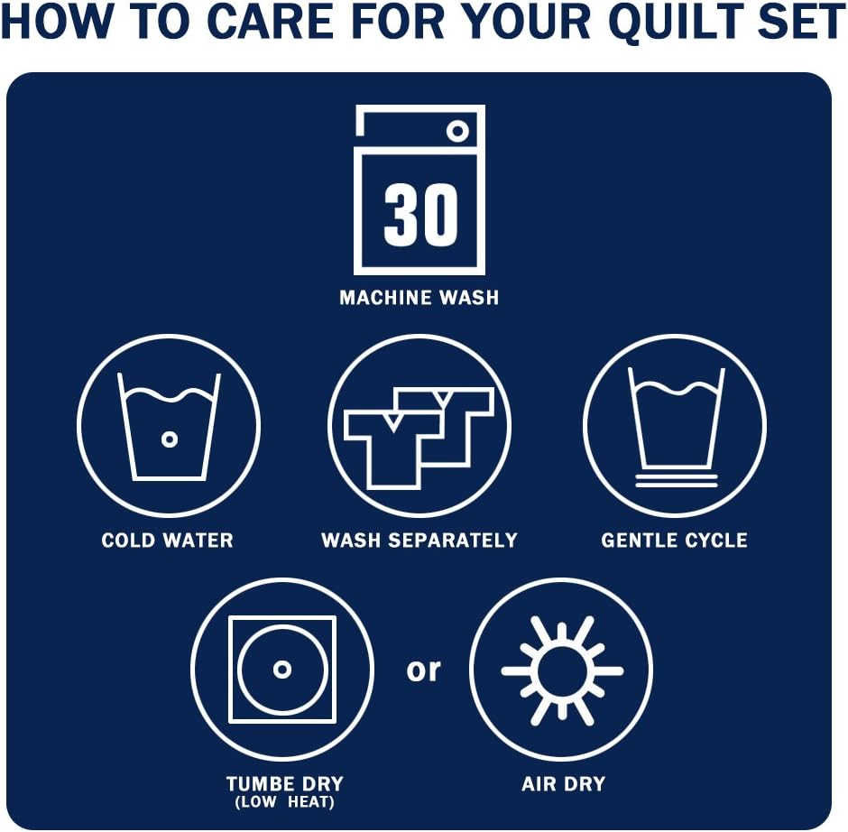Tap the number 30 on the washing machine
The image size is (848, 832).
point(420,216)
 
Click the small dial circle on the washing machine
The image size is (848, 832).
point(457,131)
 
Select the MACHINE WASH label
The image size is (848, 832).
point(419,298)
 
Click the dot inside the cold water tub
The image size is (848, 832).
point(170,439)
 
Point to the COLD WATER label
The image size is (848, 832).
point(167,540)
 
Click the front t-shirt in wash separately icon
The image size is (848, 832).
point(393,449)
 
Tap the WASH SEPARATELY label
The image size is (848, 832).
point(419,540)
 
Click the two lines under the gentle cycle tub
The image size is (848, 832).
point(676,480)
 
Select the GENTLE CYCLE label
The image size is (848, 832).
point(675,540)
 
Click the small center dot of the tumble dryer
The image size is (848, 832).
point(282,670)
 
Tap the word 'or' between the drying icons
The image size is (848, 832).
point(423,670)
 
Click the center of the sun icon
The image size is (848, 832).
point(562,670)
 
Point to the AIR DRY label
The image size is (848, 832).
point(564,784)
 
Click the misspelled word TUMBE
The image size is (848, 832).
point(262,784)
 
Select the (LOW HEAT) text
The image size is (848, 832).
point(284,801)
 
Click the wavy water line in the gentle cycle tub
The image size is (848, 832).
point(676,388)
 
